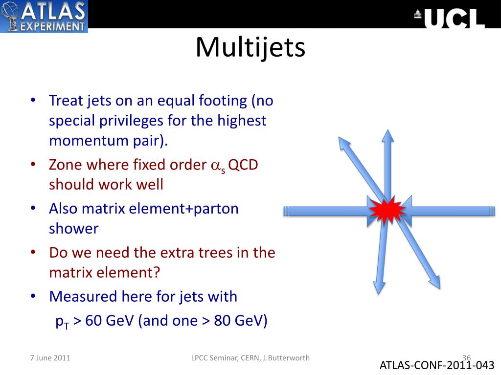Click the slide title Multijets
coord(250,47)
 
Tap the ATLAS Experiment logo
coord(44,16)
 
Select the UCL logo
coord(450,18)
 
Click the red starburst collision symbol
coord(387,210)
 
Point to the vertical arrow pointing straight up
coord(387,161)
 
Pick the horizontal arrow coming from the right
coord(450,211)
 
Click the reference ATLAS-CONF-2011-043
coord(437,365)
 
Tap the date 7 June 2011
coord(50,357)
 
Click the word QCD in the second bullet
coord(243,165)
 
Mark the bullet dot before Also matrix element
coord(33,208)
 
